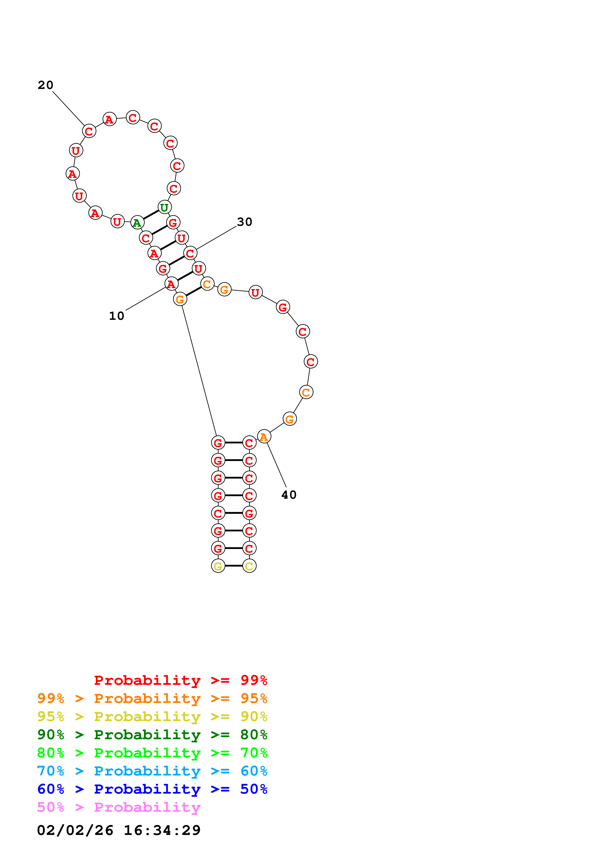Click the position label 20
pyautogui.click(x=46, y=85)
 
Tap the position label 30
pyautogui.click(x=244, y=222)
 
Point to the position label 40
pyautogui.click(x=289, y=495)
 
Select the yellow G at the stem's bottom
pyautogui.click(x=218, y=566)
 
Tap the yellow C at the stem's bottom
pyautogui.click(x=249, y=566)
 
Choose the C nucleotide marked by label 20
pyautogui.click(x=89, y=131)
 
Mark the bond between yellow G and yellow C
pyautogui.click(x=234, y=566)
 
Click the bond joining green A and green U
pyautogui.click(x=151, y=215)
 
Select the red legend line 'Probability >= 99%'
pyautogui.click(x=180, y=680)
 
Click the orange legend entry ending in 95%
pyautogui.click(x=152, y=698)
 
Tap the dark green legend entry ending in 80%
pyautogui.click(x=152, y=735)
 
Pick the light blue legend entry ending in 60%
pyautogui.click(x=152, y=771)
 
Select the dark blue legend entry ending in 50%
pyautogui.click(x=152, y=789)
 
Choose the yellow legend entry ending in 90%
pyautogui.click(x=152, y=716)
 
